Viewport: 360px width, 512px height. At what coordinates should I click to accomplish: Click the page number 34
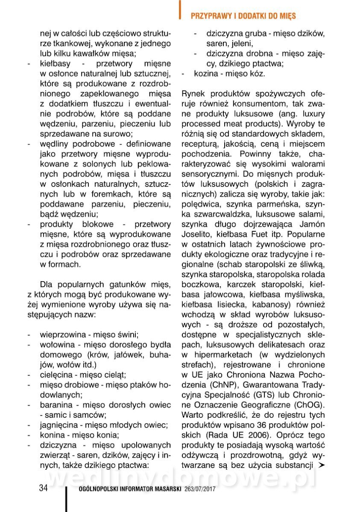(x=43, y=488)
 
